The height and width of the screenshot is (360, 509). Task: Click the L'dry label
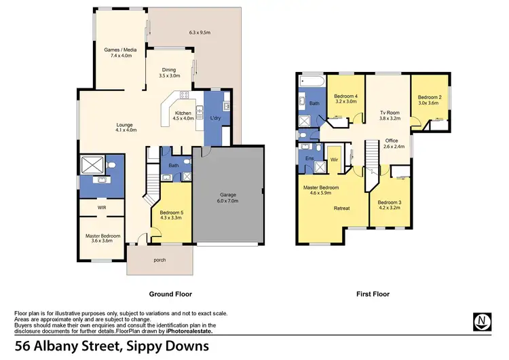click(x=216, y=119)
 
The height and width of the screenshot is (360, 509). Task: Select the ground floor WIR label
click(x=101, y=207)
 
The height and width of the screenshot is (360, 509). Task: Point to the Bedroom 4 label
click(x=346, y=96)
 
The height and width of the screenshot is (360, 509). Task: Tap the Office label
click(x=392, y=141)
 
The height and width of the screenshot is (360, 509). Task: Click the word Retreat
click(x=341, y=209)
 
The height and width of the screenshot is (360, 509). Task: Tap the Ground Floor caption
click(x=170, y=294)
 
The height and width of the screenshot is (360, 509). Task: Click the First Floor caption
click(x=373, y=294)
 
